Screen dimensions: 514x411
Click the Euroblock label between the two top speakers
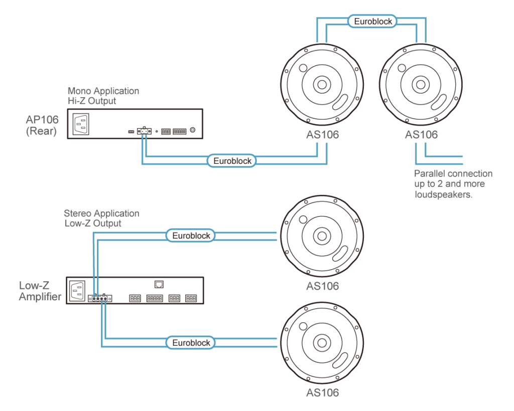(372, 21)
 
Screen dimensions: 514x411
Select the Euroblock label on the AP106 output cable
(232, 161)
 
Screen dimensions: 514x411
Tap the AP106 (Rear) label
(42, 125)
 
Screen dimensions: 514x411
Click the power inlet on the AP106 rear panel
(81, 124)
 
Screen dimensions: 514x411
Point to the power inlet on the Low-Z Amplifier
(77, 291)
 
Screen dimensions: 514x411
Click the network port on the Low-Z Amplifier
(159, 284)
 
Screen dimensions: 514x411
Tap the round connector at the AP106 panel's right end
(193, 130)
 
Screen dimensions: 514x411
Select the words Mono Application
(103, 91)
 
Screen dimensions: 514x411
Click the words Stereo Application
(101, 213)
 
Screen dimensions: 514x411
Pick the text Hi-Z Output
(92, 101)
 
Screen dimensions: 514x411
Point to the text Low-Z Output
(93, 223)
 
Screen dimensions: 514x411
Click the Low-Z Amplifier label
(40, 291)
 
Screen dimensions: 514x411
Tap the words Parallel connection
(453, 173)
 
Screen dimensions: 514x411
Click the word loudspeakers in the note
(443, 194)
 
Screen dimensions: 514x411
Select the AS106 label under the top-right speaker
(421, 134)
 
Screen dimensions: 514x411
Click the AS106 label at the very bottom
(323, 392)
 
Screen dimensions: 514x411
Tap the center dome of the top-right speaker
(421, 85)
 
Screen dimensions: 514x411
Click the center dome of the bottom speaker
(322, 343)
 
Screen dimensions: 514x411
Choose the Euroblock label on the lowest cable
(191, 343)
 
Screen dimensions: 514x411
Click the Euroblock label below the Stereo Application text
(191, 236)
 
